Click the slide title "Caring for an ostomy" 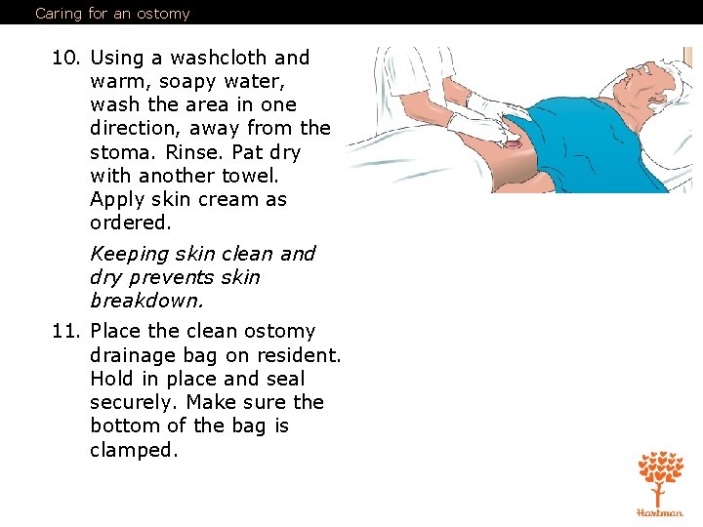pyautogui.click(x=112, y=14)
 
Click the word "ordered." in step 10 pyautogui.click(x=130, y=223)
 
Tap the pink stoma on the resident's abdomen pyautogui.click(x=515, y=144)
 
